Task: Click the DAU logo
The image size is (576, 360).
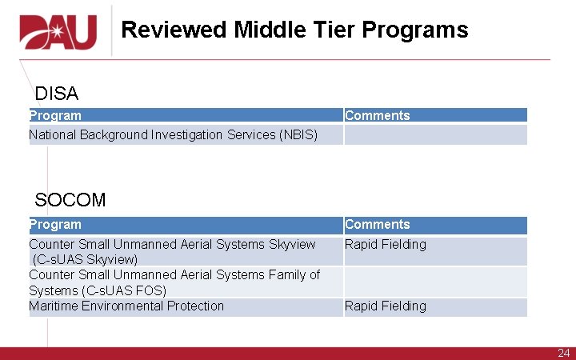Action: [58, 31]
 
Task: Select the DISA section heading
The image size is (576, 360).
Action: [57, 94]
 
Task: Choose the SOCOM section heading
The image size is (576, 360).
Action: [70, 200]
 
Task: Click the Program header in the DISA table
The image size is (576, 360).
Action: [55, 115]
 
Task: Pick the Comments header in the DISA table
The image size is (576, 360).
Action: [377, 115]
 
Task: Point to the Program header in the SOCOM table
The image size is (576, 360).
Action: [55, 225]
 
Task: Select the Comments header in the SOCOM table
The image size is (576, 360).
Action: [377, 225]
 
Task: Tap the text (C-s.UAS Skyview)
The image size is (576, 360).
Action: [85, 259]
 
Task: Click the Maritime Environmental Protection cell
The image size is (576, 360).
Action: [126, 306]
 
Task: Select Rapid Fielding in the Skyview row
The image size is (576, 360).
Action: [386, 244]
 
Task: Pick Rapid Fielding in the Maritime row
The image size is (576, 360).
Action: [386, 306]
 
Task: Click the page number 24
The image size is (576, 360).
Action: [563, 353]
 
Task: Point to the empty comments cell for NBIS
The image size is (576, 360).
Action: [435, 134]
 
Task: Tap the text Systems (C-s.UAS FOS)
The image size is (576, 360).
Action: [98, 290]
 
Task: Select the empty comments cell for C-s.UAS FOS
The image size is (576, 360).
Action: [435, 282]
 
